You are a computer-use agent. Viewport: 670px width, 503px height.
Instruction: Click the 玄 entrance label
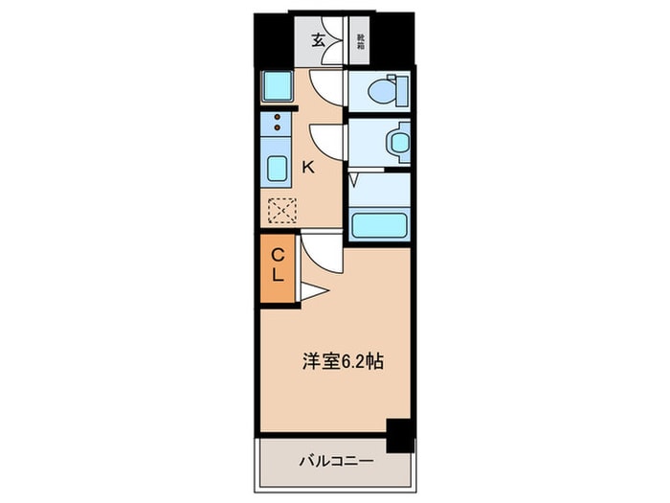point(317,41)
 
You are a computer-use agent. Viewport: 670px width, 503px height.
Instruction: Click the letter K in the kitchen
point(307,168)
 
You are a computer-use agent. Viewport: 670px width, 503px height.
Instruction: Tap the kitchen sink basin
point(276,169)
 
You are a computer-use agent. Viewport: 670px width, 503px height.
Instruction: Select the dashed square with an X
point(282,210)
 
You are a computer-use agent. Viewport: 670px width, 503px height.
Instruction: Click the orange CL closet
point(276,267)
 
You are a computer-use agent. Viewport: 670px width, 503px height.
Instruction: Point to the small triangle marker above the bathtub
point(353,179)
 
